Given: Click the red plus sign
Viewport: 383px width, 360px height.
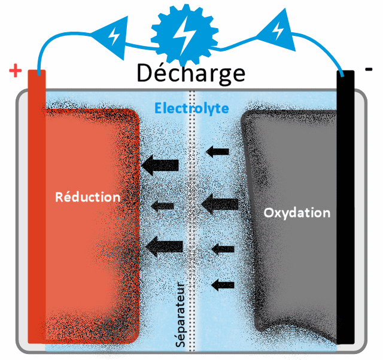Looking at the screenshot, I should [16, 72].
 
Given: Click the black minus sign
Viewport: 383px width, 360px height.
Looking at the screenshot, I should [368, 69].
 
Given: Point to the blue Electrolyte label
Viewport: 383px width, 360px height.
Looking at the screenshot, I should [191, 108].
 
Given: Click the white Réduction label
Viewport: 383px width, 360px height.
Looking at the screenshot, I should [87, 197].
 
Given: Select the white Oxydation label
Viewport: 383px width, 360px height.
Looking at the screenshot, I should [297, 212].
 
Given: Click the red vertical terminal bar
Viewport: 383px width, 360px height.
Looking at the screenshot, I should [37, 209].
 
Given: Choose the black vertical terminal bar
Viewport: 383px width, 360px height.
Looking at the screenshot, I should [345, 209].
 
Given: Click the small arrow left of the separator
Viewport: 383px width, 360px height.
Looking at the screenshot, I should [162, 206].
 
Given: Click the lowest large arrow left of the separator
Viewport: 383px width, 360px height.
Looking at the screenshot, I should [165, 245].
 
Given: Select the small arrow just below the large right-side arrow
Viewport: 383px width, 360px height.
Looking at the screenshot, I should [223, 248].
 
